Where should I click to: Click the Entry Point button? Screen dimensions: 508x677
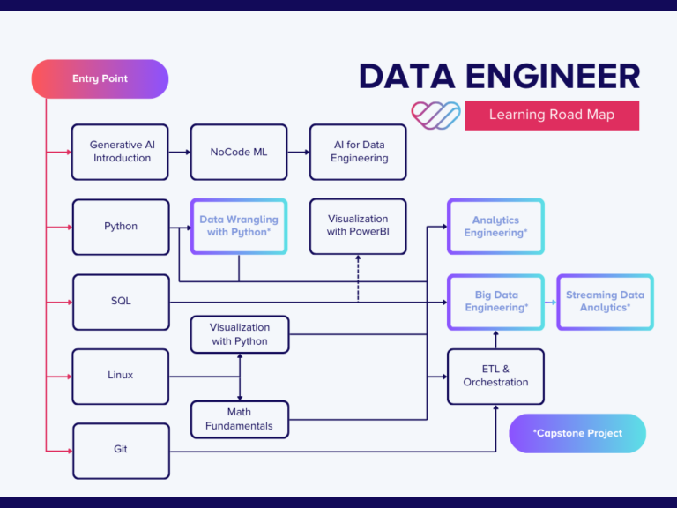(x=100, y=78)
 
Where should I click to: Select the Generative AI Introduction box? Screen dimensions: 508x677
(x=120, y=152)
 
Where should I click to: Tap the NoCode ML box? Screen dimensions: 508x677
(x=238, y=152)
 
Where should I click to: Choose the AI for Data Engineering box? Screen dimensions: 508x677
(x=359, y=152)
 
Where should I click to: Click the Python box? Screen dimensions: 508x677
(x=120, y=227)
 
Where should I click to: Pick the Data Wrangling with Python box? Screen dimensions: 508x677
(x=238, y=227)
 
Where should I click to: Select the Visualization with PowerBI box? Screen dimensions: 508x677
(x=358, y=226)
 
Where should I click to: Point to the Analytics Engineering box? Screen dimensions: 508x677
(x=495, y=227)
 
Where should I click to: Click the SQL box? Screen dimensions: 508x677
(x=120, y=302)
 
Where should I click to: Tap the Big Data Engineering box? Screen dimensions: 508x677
(x=495, y=302)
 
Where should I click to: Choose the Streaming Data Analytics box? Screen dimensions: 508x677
(x=605, y=302)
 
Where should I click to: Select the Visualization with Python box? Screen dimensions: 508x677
(x=239, y=335)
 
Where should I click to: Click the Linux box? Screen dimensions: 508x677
(x=120, y=376)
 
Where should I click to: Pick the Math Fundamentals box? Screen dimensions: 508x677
(x=239, y=420)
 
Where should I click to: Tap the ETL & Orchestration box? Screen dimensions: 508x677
(x=495, y=377)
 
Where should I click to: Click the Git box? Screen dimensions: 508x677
(x=120, y=450)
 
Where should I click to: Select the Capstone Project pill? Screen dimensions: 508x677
(x=577, y=433)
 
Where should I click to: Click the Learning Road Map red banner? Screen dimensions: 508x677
(x=552, y=115)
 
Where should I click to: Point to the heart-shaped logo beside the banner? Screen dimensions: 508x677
(x=435, y=115)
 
